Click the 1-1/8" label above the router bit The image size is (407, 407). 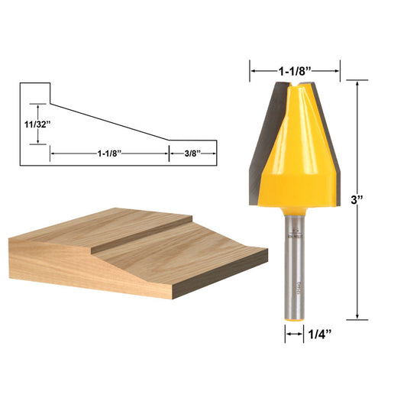[x=296, y=71]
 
